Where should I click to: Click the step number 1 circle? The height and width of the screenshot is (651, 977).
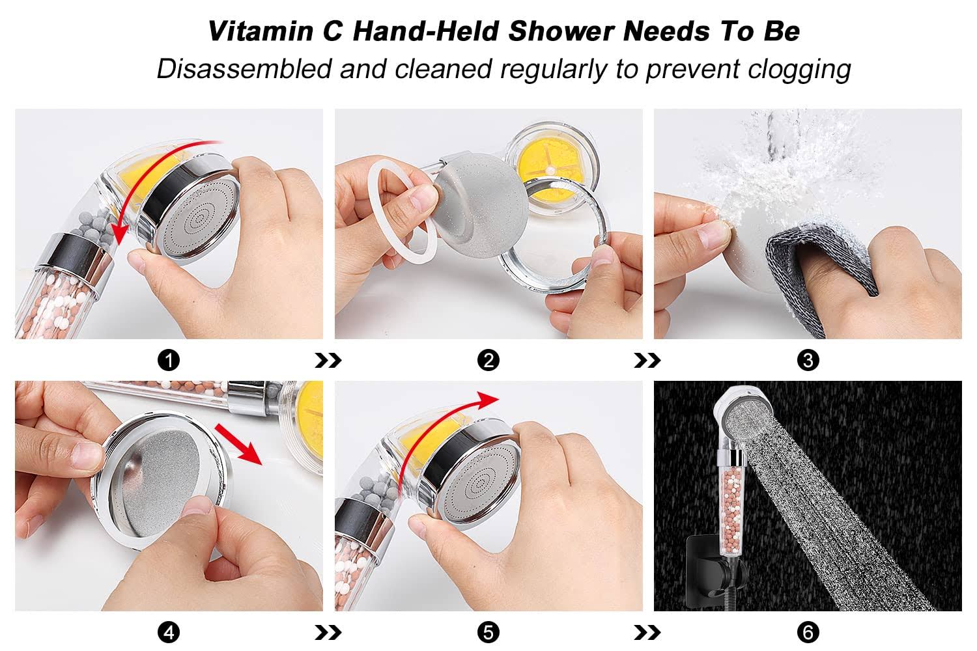tap(169, 361)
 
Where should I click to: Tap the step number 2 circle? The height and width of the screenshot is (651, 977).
tap(488, 361)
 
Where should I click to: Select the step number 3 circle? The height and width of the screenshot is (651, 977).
tap(808, 361)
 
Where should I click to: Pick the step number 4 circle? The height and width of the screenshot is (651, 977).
tap(169, 632)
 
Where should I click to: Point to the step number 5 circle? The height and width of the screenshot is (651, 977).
tap(488, 632)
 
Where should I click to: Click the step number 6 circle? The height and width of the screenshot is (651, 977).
tap(808, 632)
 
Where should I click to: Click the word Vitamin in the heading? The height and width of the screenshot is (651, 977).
tap(261, 31)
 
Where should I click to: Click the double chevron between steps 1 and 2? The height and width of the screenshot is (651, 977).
tap(328, 361)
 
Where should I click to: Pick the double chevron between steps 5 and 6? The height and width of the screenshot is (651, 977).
tap(647, 632)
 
